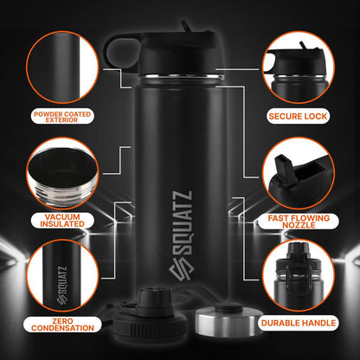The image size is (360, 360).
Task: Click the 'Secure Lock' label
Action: pyautogui.click(x=297, y=114)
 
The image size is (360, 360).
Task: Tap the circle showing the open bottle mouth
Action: pyautogui.click(x=63, y=171)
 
